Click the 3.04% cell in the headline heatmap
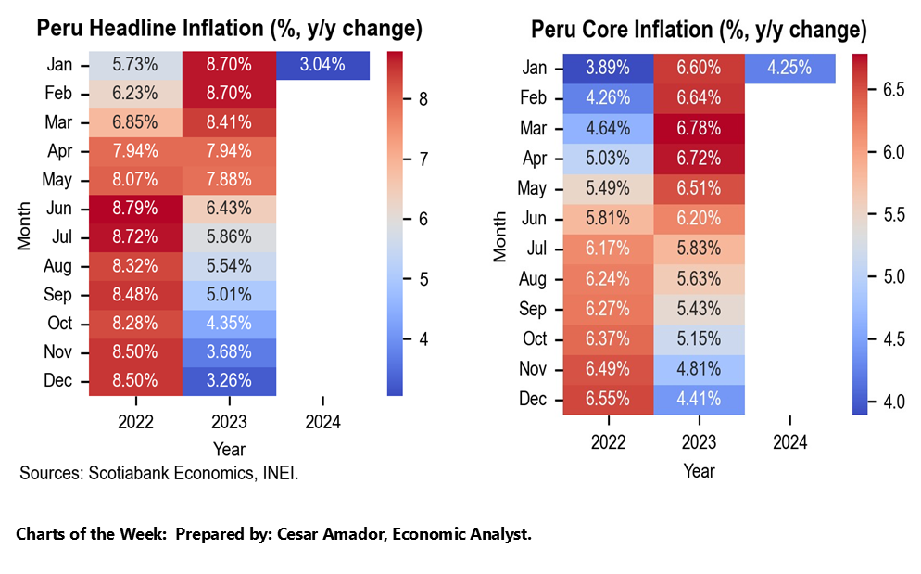click(322, 65)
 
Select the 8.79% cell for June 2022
click(135, 208)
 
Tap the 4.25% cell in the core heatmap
click(789, 68)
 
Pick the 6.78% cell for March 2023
click(699, 128)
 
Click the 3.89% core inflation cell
click(608, 68)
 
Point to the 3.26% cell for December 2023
click(229, 380)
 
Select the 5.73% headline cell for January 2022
click(135, 65)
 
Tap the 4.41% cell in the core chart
click(699, 399)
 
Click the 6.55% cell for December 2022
click(608, 399)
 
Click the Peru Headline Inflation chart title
click(229, 29)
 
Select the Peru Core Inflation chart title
click(699, 30)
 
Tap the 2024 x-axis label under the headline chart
click(322, 422)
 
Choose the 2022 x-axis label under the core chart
click(608, 442)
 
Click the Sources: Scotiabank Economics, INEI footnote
click(159, 474)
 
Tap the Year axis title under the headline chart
click(229, 449)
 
